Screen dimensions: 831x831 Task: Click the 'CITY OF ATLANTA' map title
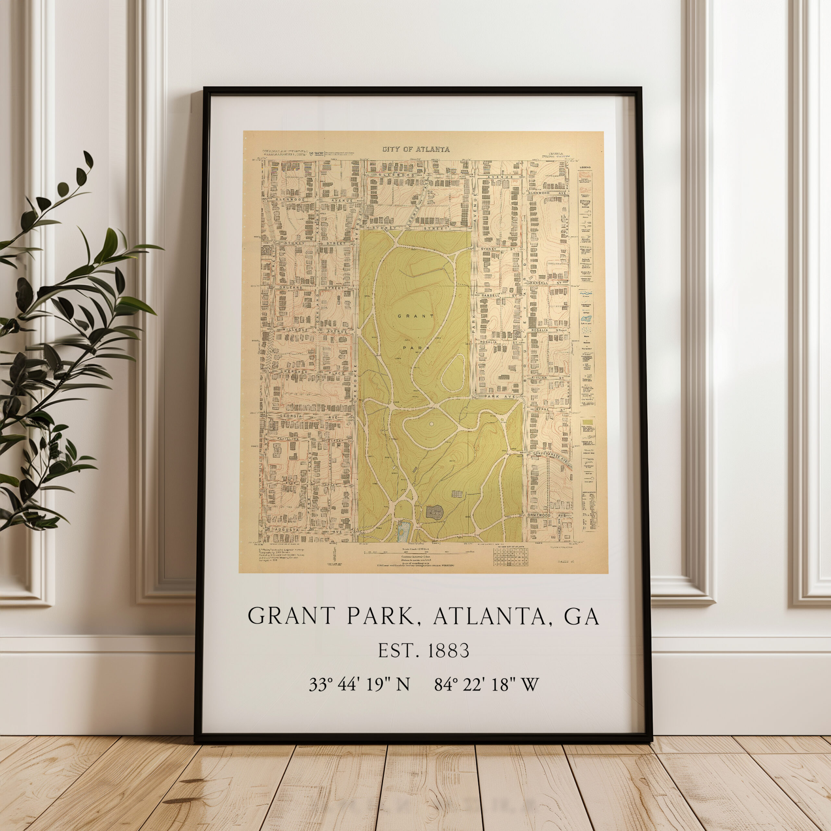coord(416,150)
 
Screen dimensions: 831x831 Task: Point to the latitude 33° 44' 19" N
coord(359,684)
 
